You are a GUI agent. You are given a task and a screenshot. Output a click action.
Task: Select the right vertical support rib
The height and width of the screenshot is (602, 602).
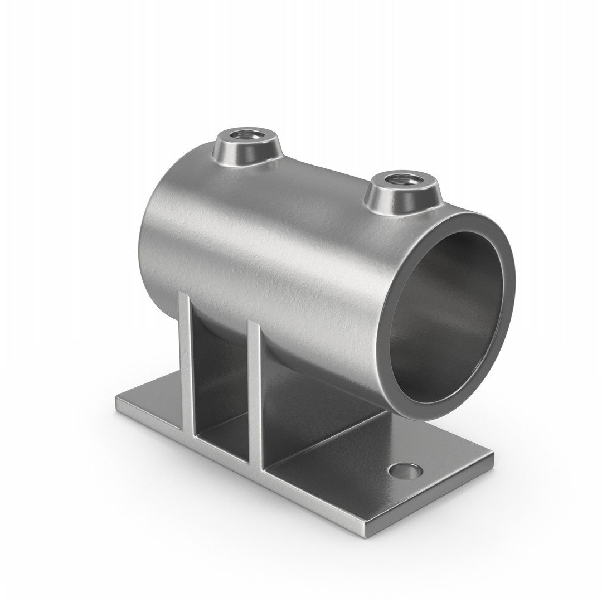pyautogui.click(x=255, y=390)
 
